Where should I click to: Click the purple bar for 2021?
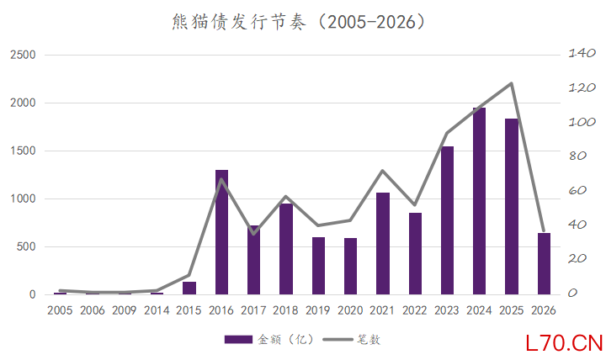point(382,243)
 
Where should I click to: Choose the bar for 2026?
point(543,263)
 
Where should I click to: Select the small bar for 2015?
point(189,288)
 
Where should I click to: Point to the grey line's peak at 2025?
point(511,83)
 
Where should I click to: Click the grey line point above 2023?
point(447,133)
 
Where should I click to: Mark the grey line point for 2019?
point(318,225)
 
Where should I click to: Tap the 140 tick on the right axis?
point(582,54)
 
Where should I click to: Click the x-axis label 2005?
point(60,310)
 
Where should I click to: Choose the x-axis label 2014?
point(157,310)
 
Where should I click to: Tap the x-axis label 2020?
point(350,310)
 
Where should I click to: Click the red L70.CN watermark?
point(562,343)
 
